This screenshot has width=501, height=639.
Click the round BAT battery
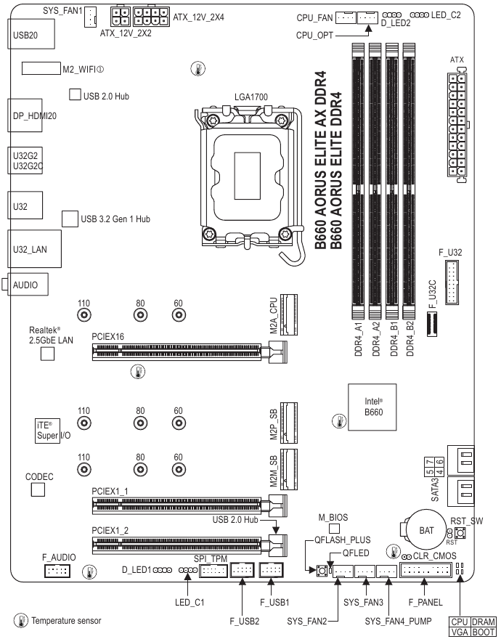(x=426, y=530)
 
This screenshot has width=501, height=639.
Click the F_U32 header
(x=452, y=285)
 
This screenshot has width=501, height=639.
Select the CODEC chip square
(x=38, y=490)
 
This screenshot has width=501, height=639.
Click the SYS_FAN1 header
(x=92, y=15)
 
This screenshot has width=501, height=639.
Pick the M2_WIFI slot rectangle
(x=40, y=69)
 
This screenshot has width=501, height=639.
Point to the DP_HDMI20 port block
(x=30, y=115)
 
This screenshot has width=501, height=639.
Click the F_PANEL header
(x=424, y=571)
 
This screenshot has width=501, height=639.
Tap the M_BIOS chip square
(x=335, y=536)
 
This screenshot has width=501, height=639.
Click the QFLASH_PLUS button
(x=321, y=573)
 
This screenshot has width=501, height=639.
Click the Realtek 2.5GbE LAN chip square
(x=48, y=353)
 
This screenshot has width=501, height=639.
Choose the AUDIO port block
(x=29, y=285)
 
